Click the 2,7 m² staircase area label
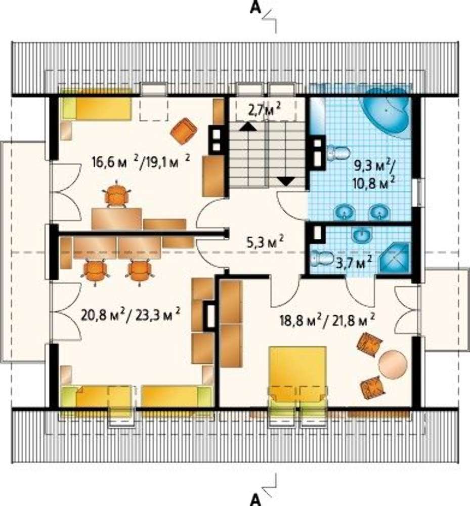pos(264,111)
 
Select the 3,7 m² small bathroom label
pos(354,262)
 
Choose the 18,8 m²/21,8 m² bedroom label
pos(327,321)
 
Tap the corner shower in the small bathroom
pos(395,260)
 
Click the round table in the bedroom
pos(393,364)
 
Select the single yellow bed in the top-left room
pos(96,108)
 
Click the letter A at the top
pos(255,7)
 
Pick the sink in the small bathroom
pos(362,236)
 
